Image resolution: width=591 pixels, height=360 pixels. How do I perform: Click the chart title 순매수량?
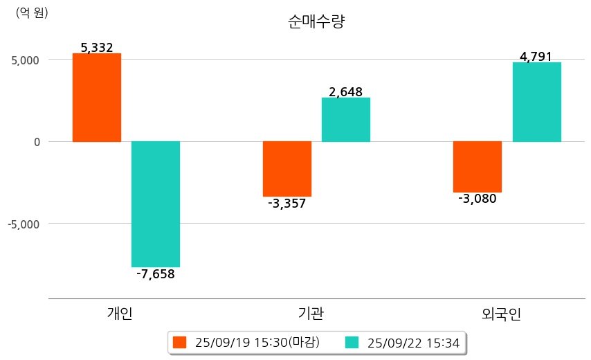[316, 21]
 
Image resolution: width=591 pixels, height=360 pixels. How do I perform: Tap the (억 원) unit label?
[32, 12]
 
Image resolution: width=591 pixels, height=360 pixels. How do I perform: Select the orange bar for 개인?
[97, 98]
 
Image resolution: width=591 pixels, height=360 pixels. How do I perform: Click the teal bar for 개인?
[156, 204]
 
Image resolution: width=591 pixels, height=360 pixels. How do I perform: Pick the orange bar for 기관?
[287, 169]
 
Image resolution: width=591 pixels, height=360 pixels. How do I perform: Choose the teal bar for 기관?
[346, 120]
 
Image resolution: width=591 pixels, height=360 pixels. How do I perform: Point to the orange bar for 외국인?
[478, 167]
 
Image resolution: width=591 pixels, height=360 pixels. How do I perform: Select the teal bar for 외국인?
[537, 102]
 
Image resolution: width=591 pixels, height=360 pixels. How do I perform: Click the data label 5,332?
[97, 48]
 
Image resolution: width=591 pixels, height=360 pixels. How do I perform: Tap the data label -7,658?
[156, 274]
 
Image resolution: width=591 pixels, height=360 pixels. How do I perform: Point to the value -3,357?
[287, 204]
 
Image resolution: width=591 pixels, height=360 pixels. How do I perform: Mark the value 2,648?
[346, 92]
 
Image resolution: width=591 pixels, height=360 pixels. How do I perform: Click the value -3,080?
[478, 199]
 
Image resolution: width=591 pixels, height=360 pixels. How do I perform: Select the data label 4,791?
[536, 57]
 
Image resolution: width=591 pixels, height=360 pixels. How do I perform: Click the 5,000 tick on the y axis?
[26, 60]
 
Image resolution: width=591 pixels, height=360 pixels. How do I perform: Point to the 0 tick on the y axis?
[37, 142]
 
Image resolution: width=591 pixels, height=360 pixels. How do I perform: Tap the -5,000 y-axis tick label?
[24, 224]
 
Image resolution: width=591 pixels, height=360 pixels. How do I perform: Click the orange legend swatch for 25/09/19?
[180, 342]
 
